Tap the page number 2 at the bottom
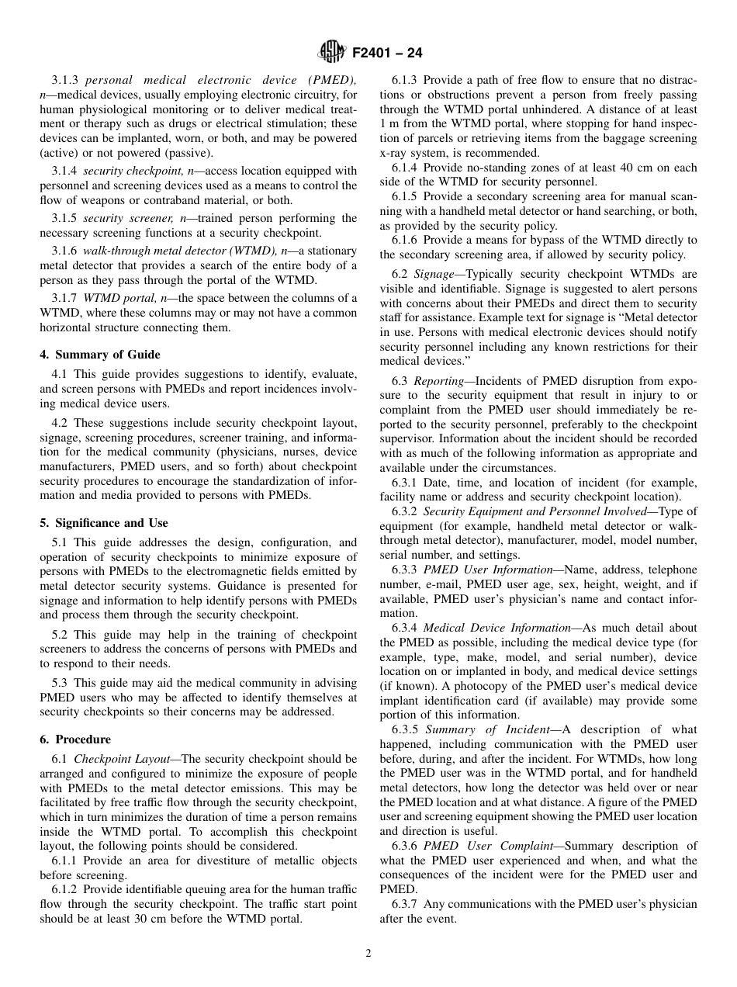[x=368, y=954]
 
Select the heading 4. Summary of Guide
[x=100, y=355]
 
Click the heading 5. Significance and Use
[x=104, y=523]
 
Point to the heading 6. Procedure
[x=75, y=739]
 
